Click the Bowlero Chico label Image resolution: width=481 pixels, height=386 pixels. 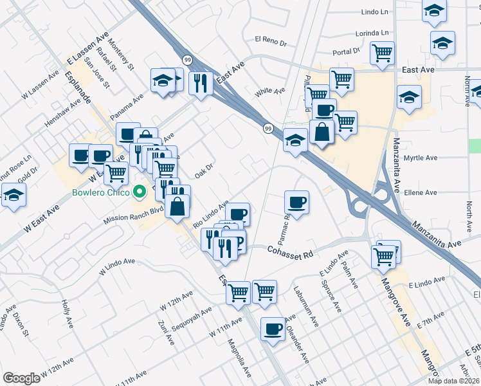pos(101,192)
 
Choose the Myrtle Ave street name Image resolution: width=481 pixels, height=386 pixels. pos(421,158)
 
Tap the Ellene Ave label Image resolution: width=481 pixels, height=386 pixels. pos(421,192)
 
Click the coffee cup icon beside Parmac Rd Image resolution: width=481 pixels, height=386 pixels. pos(296,203)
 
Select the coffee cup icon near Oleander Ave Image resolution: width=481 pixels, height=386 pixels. pos(273,330)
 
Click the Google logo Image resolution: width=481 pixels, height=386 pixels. pos(21,378)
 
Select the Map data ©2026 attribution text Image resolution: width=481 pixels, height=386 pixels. pos(453,381)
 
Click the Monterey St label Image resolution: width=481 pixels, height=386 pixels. pos(121,57)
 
